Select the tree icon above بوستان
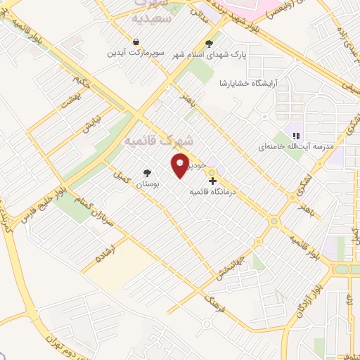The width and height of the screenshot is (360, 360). pos(146,172)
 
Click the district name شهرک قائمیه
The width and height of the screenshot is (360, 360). pos(148,141)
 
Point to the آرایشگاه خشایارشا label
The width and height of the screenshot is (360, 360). pos(249,83)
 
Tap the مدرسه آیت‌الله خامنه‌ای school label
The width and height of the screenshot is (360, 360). pos(290,146)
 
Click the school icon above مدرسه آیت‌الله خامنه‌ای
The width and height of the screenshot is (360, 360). pos(296,135)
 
